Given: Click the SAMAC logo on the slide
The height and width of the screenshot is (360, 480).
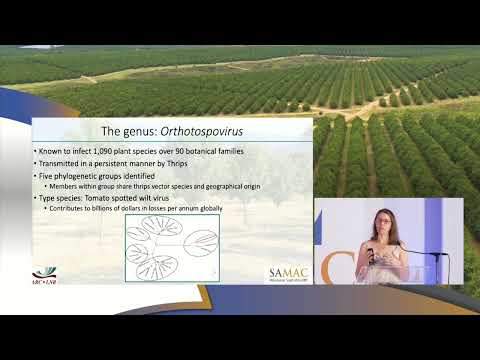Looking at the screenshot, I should (288, 274).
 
